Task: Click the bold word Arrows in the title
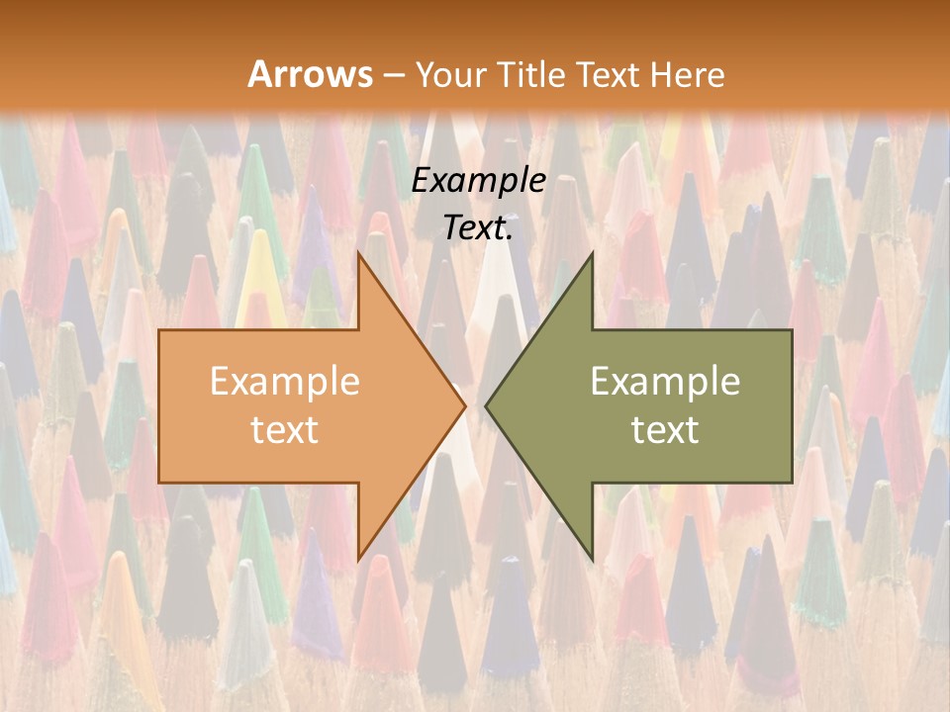[310, 74]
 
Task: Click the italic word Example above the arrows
[478, 181]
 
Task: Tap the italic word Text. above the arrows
[478, 228]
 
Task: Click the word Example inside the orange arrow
[284, 382]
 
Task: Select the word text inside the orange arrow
[284, 429]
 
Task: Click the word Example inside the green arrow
[665, 382]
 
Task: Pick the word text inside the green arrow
[665, 429]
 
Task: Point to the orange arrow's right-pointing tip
[464, 405]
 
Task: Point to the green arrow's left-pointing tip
[486, 405]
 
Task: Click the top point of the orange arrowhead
[358, 253]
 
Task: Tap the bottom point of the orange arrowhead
[358, 558]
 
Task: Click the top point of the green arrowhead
[592, 253]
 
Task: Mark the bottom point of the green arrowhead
[592, 558]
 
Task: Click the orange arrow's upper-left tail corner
[159, 330]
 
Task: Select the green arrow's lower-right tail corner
[792, 482]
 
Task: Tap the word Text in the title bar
[607, 74]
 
